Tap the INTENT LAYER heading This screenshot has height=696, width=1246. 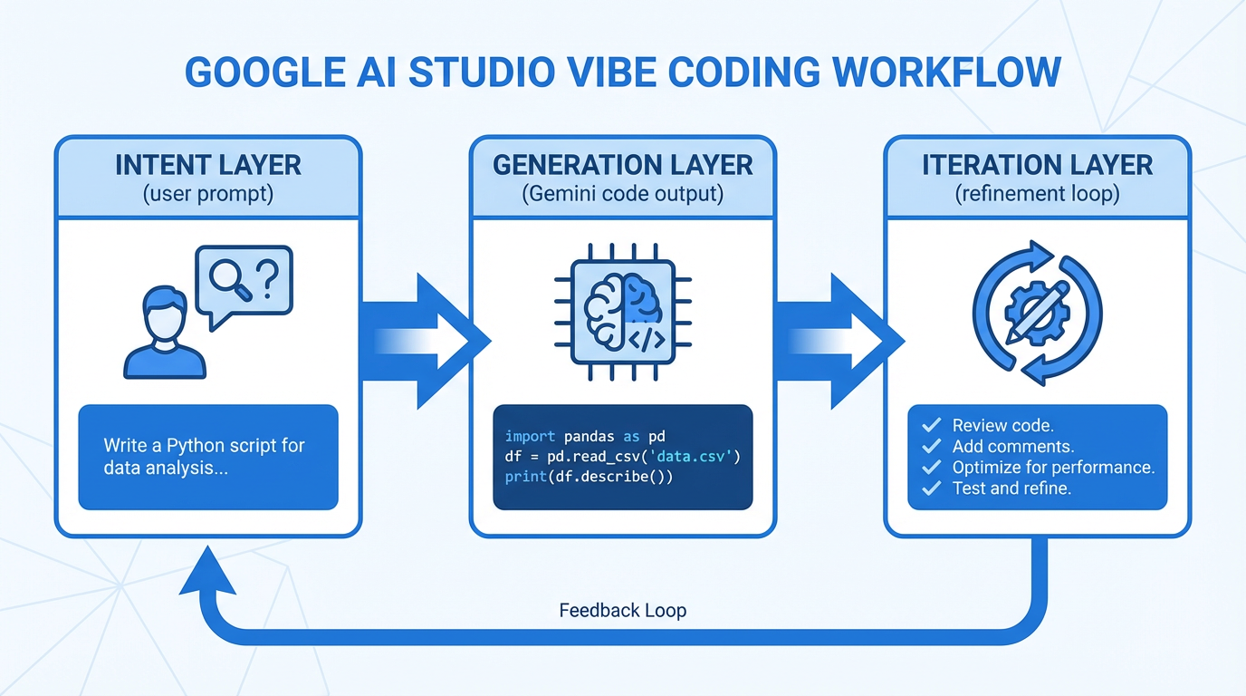[208, 166]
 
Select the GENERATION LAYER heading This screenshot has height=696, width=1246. [622, 166]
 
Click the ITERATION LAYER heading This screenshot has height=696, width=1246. [1037, 166]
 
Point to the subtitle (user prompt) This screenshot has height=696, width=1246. [208, 194]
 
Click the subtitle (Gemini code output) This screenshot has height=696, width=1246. [622, 194]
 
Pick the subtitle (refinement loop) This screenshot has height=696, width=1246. [1037, 194]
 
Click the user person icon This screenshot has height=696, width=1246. [165, 333]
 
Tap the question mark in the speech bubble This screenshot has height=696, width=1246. [266, 280]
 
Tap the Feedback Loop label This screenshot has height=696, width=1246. [623, 611]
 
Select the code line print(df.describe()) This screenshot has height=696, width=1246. [589, 477]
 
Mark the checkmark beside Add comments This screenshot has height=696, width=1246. [930, 447]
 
